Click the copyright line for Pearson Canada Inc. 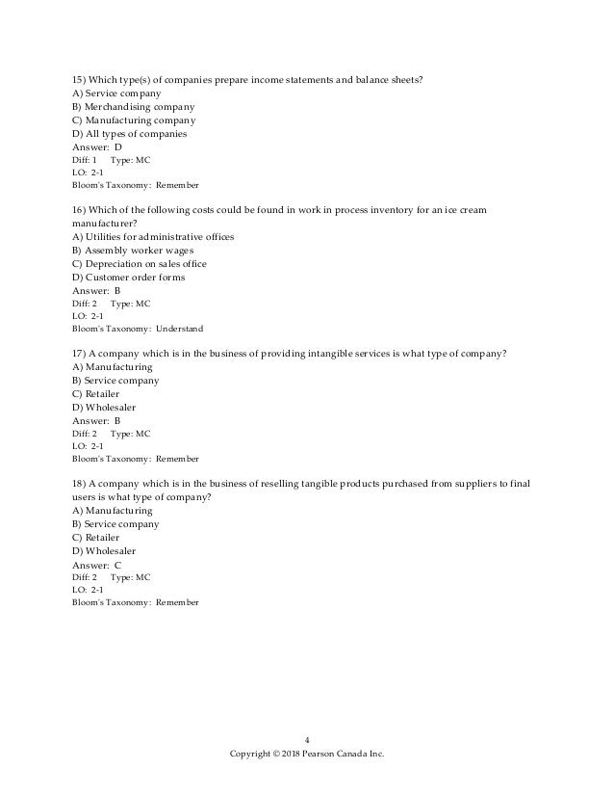(x=307, y=755)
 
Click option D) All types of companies (x=130, y=134)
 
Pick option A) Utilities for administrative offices (x=153, y=237)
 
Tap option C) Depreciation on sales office (x=140, y=264)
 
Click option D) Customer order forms (x=129, y=278)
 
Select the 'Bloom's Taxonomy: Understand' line (x=138, y=328)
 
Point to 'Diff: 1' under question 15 (x=86, y=159)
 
